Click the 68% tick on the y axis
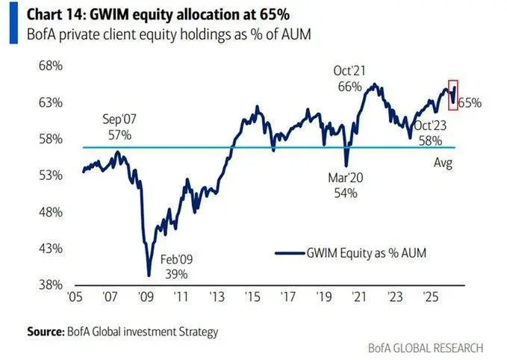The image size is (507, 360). [x=51, y=66]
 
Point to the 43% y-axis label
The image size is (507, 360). [x=51, y=249]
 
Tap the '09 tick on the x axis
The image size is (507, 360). [x=146, y=297]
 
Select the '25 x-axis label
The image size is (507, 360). [x=431, y=297]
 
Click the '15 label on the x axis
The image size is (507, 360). [x=252, y=297]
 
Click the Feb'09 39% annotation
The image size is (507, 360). [x=176, y=267]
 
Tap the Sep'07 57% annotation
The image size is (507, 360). [x=119, y=127]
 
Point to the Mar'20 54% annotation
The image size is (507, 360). [x=346, y=185]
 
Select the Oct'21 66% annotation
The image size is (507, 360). [x=349, y=78]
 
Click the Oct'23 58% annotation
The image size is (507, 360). [x=430, y=133]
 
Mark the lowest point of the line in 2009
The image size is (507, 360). [x=149, y=276]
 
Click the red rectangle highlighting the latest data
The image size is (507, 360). [x=449, y=96]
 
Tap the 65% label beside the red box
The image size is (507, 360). [x=470, y=103]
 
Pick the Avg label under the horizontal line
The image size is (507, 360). [x=443, y=163]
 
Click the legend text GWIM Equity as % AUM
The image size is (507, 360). [x=367, y=253]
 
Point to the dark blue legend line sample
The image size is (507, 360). [x=290, y=253]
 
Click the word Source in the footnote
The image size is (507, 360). [x=46, y=332]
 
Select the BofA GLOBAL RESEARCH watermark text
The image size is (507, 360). [x=426, y=348]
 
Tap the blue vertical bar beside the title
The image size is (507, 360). [x=13, y=24]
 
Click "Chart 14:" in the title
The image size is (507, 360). [x=56, y=15]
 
